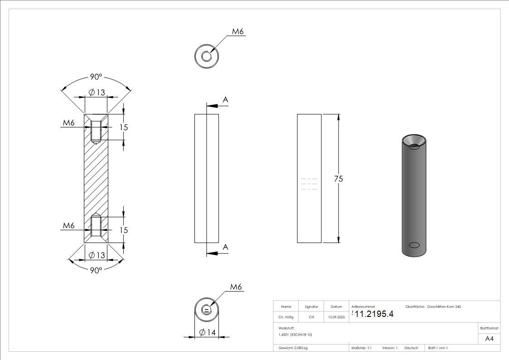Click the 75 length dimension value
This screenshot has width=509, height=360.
coord(338,179)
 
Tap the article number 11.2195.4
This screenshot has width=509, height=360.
coord(374,314)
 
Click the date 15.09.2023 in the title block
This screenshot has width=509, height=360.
coord(336,317)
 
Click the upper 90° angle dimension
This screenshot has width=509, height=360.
coord(96,77)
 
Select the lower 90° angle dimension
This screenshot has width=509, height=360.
coord(96,270)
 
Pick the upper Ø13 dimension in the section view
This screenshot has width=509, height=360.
coord(97,92)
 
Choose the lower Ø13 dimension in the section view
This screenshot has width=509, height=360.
coord(97,255)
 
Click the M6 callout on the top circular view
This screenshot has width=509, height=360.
coord(238,32)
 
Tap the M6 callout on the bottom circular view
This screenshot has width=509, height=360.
coord(236,287)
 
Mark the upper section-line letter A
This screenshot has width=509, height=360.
coord(225,100)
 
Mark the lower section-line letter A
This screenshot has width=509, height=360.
coord(225,247)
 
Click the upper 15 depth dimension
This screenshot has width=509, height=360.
coord(123,127)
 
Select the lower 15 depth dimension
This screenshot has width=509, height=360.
coord(123,230)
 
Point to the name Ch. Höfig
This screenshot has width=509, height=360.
coord(286,317)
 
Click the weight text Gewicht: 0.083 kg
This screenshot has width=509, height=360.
coord(293,348)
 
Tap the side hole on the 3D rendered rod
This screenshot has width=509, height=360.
coord(414,245)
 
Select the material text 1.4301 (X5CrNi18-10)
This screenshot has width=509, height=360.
coord(296,334)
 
